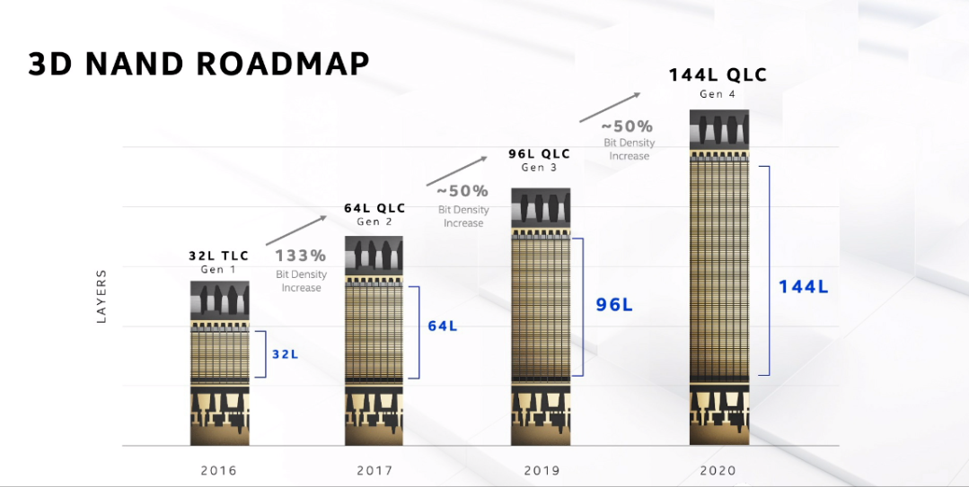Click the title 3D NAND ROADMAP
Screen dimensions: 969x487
(198, 64)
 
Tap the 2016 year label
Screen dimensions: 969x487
(219, 470)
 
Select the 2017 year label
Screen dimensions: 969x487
(374, 470)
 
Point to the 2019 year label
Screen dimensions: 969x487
(542, 470)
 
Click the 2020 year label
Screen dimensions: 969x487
(718, 470)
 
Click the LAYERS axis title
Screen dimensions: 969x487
(102, 296)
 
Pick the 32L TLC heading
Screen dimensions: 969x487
(219, 256)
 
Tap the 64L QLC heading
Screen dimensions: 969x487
(374, 208)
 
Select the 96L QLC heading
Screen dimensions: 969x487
(540, 153)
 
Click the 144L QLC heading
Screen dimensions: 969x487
(718, 75)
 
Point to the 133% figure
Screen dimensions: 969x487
(300, 256)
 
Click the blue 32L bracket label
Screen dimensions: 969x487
(286, 354)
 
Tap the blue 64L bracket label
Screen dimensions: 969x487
(443, 326)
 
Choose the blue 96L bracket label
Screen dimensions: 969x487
(614, 304)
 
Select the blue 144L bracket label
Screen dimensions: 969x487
(803, 286)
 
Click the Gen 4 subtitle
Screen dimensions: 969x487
(718, 94)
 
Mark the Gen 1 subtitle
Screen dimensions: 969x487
(219, 270)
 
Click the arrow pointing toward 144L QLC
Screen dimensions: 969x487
(610, 108)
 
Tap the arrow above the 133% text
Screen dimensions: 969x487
(296, 230)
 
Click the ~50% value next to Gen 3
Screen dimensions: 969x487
(462, 191)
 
